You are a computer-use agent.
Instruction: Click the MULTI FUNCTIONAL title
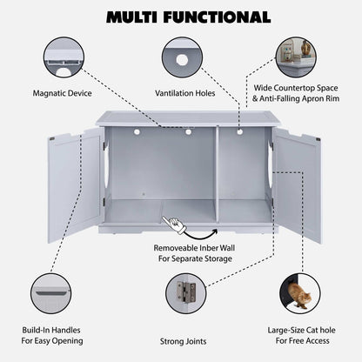pos(181,17)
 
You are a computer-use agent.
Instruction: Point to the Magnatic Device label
pos(61,91)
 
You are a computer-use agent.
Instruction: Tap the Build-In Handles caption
pos(58,335)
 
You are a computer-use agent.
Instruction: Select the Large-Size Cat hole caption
pos(300,335)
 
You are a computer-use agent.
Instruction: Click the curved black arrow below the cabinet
pos(205,231)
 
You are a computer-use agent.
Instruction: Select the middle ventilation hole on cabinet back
pos(187,132)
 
